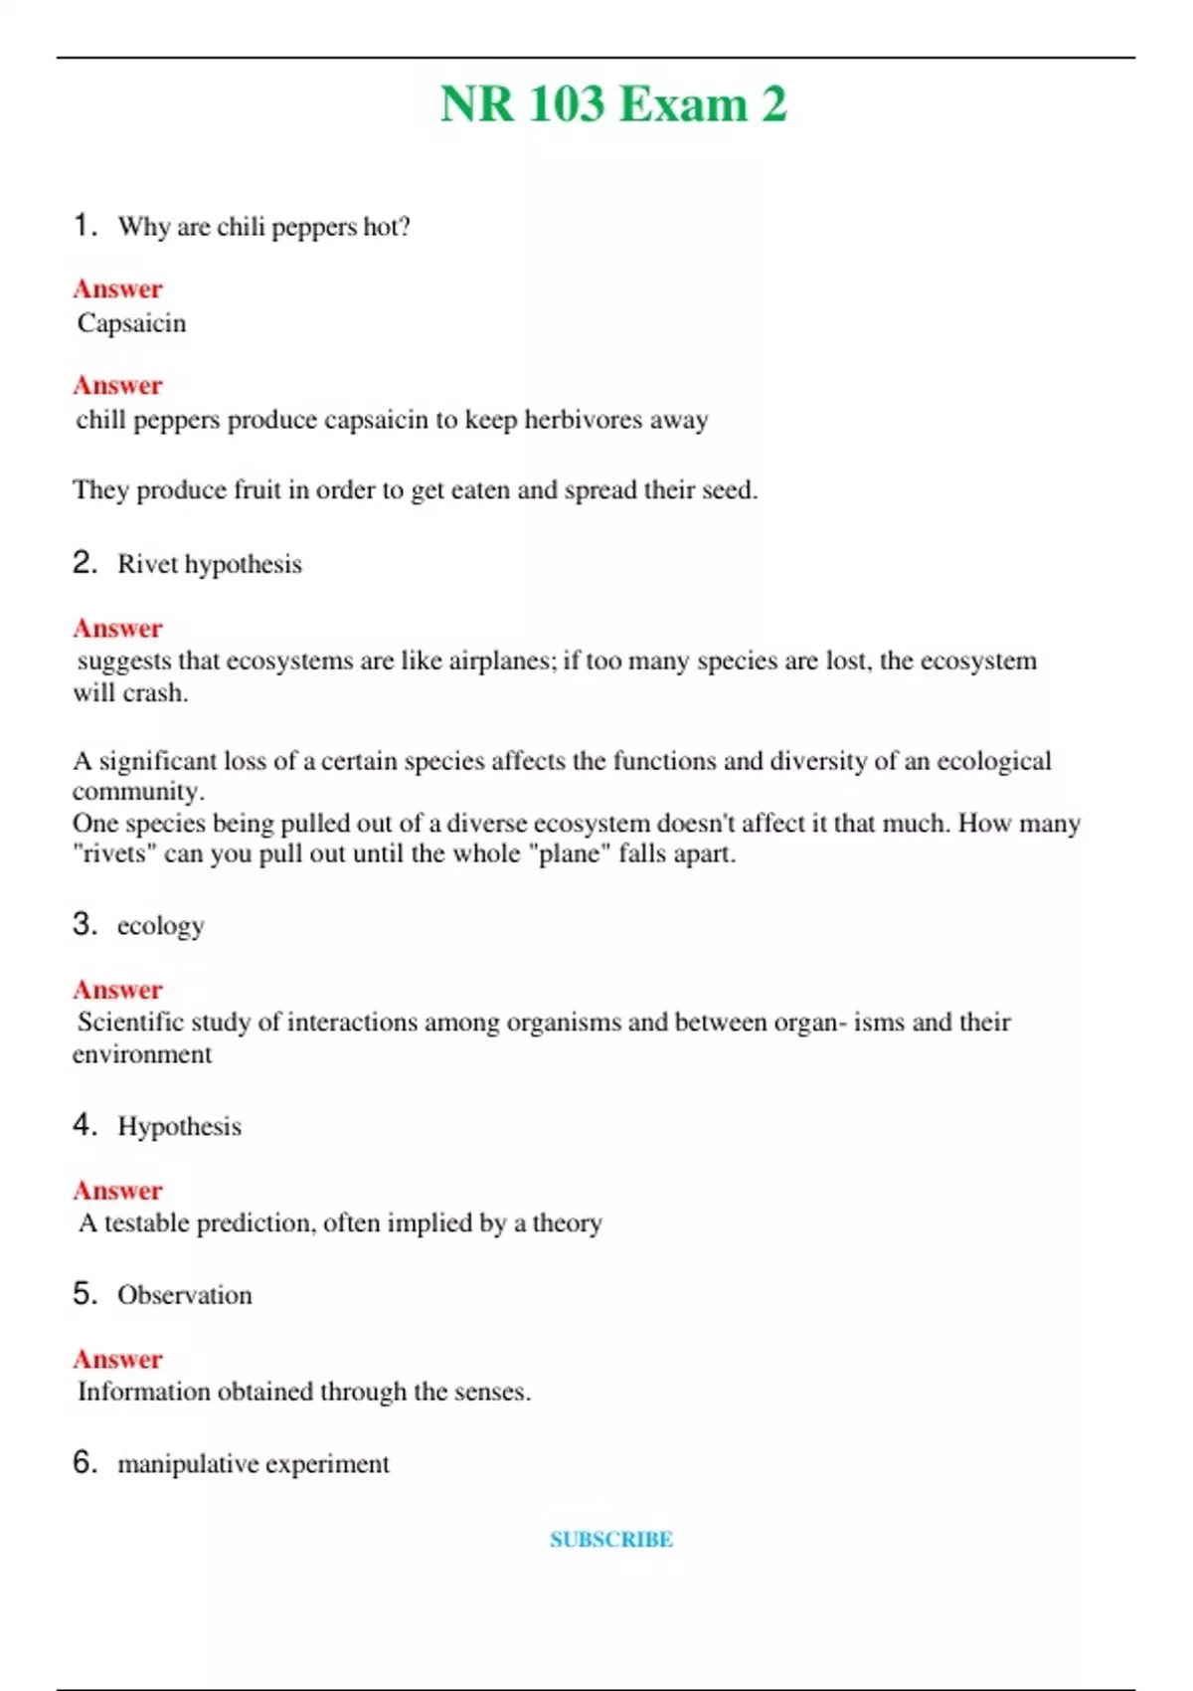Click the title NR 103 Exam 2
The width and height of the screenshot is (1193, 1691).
point(612,104)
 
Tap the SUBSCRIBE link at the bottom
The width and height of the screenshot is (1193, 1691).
point(611,1540)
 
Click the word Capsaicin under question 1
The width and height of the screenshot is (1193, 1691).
point(132,323)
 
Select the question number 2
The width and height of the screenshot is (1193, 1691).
point(84,563)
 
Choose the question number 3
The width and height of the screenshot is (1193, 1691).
point(84,924)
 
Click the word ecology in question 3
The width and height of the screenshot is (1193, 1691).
point(160,926)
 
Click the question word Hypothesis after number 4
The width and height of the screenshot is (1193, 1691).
point(179,1127)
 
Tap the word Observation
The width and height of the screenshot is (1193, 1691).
point(184,1295)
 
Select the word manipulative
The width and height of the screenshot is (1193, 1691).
point(188,1464)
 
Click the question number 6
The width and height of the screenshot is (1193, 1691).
point(84,1462)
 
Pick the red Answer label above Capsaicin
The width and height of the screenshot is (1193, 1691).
point(117,289)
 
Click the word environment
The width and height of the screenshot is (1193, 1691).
point(142,1054)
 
